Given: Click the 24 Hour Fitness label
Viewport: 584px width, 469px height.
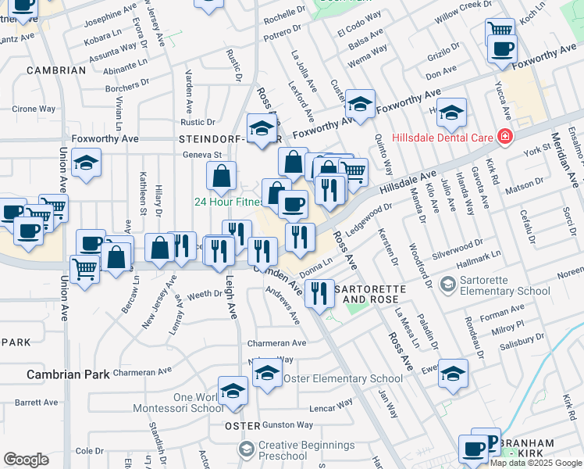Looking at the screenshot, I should [227, 202].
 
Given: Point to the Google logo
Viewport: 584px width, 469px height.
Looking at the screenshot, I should [26, 460].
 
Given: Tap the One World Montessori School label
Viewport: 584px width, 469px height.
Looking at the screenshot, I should [177, 403].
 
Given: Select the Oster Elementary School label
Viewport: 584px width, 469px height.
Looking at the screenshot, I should [343, 379].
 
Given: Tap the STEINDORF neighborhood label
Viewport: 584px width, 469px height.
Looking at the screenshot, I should [212, 139].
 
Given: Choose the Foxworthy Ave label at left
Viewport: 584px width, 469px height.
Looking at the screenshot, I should [105, 139].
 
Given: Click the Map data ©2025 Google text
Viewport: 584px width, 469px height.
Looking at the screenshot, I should [536, 462].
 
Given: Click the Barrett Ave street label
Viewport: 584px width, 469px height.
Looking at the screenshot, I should [36, 403].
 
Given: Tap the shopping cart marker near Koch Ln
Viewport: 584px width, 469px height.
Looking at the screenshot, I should [500, 31].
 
